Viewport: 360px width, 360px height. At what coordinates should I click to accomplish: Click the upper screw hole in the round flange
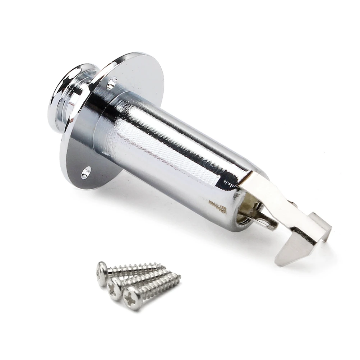(112, 83)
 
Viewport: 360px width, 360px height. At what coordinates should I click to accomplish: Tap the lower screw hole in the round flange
(86, 172)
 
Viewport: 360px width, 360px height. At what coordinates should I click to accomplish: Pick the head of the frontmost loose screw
(132, 298)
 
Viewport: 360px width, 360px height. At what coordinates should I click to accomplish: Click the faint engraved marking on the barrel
(217, 208)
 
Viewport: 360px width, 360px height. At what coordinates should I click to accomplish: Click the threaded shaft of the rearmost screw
(137, 268)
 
